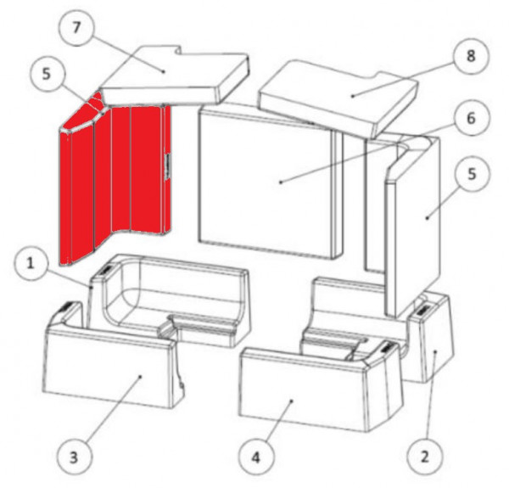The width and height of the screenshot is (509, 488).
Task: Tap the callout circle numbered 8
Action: coord(470,57)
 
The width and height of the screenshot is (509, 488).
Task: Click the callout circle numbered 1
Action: coord(30,266)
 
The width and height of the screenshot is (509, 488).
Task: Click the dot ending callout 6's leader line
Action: coord(281,181)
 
